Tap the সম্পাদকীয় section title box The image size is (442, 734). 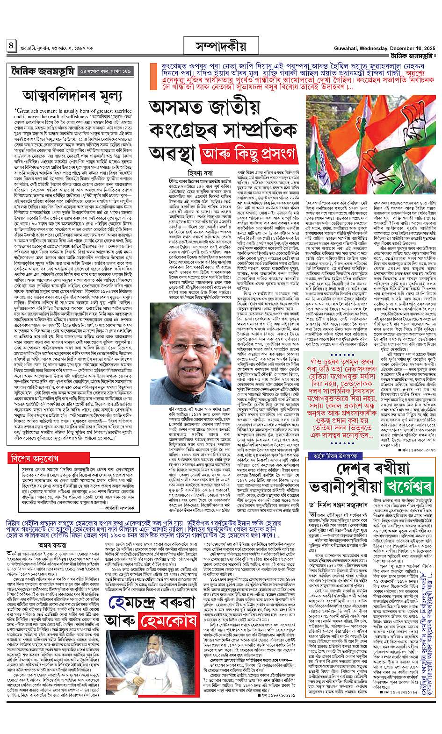coord(219,47)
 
